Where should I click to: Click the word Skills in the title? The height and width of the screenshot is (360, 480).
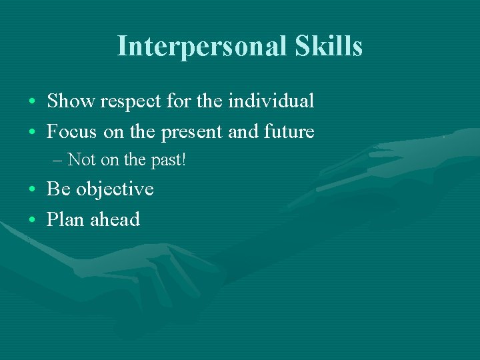[x=328, y=47]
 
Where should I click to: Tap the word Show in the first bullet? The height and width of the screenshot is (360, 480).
[x=71, y=101]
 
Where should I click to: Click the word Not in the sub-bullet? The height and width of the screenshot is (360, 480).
[x=81, y=160]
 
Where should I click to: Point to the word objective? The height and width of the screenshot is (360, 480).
[x=115, y=190]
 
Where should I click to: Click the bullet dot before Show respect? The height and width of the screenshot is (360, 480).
[x=33, y=103]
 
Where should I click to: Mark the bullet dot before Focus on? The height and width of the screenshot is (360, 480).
[x=33, y=133]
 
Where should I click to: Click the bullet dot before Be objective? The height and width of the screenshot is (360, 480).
[x=33, y=191]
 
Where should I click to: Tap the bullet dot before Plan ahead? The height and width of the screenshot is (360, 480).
[x=33, y=221]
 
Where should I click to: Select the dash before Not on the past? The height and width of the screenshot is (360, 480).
[x=57, y=161]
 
